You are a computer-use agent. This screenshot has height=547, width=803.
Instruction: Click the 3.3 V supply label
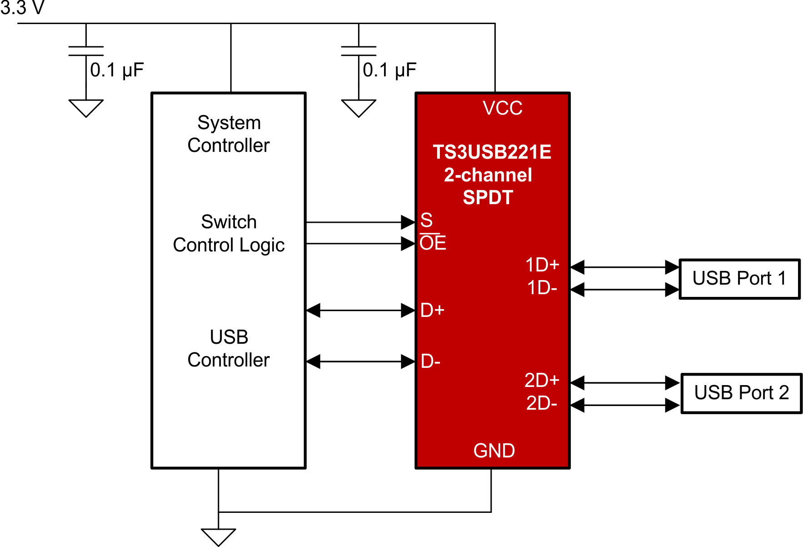coord(22,8)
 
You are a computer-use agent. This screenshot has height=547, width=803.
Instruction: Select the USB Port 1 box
coord(739,279)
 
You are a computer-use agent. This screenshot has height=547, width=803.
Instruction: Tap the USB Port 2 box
coord(741,393)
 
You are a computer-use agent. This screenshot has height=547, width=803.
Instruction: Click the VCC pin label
coord(502,108)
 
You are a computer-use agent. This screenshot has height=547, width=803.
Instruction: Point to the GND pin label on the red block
coord(494,451)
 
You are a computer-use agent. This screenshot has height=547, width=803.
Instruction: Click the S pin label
coord(426,221)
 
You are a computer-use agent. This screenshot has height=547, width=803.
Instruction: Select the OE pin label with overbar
coord(433,243)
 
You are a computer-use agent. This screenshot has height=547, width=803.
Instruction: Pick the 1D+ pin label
coord(542,265)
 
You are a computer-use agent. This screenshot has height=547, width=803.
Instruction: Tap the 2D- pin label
coord(541,403)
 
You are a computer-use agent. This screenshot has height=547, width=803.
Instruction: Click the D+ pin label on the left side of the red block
coord(432,311)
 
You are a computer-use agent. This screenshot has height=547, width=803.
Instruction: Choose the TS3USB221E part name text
coord(492,152)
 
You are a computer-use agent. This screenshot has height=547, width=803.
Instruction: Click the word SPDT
coord(488,198)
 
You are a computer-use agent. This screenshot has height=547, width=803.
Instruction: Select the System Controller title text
coord(229,134)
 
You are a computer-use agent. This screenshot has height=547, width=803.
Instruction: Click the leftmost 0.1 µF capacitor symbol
coord(86,51)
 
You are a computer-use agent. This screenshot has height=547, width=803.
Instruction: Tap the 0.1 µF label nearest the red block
coord(389,70)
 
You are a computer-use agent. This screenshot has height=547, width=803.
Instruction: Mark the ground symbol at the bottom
coord(219,537)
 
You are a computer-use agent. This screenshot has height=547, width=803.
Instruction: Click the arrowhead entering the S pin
coord(408,222)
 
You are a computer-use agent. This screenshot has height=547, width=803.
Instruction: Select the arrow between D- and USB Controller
coord(360,362)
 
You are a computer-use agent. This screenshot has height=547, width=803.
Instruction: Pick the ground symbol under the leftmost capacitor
coord(86,108)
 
